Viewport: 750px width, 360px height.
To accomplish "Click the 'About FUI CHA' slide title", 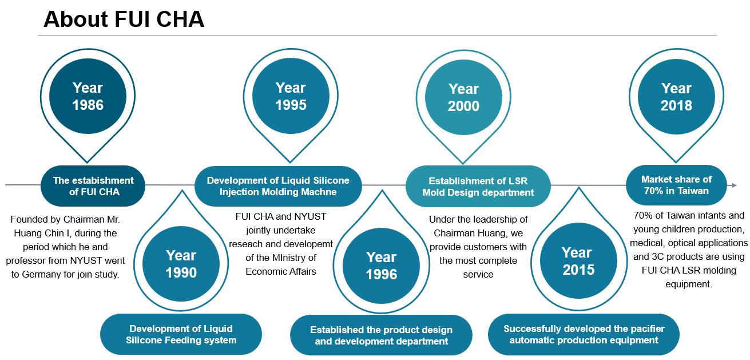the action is click(124, 19).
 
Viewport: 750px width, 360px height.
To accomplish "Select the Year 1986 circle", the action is click(88, 96).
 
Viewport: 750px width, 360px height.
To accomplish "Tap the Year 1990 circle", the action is click(181, 264).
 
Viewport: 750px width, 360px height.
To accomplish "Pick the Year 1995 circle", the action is click(291, 96).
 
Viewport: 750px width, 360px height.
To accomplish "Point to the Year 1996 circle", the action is click(382, 266).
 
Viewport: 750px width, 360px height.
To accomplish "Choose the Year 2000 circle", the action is click(464, 97).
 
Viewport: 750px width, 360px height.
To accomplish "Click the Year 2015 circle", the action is click(578, 261).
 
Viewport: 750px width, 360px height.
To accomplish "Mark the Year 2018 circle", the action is click(676, 97).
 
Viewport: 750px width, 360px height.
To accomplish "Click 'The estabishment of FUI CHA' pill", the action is click(93, 186).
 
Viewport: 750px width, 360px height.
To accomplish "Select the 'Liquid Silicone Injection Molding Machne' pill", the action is click(278, 186).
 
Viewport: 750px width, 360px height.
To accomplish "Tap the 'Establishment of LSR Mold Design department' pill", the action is click(478, 187).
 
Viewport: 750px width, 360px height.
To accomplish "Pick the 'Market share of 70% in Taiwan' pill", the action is click(676, 185).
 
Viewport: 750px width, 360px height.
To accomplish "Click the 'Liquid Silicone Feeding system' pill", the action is click(181, 334).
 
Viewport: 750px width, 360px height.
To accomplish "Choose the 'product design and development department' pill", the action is click(382, 335).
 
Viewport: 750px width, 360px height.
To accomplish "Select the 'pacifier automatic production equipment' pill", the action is click(584, 334).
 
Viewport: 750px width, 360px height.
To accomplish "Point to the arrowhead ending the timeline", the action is click(734, 185).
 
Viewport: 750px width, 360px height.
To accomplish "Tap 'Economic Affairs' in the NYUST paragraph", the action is click(280, 271).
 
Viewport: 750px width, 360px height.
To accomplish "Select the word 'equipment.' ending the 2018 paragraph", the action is click(689, 284).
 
